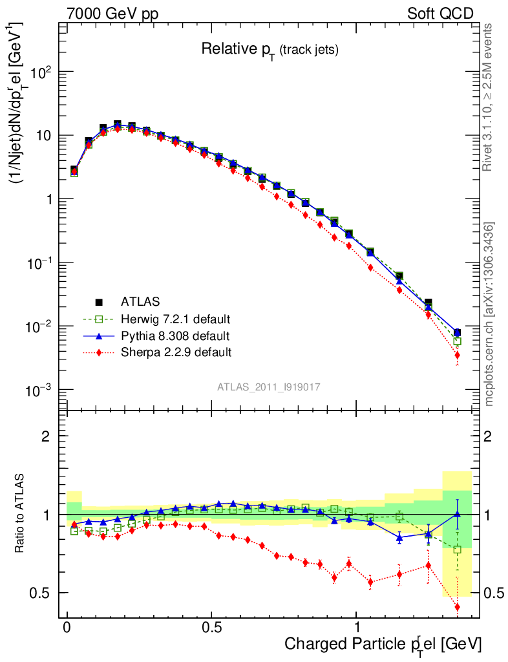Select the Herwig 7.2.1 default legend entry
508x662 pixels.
(176, 319)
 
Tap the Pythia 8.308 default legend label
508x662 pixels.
(175, 336)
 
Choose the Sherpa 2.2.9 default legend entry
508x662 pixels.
(176, 352)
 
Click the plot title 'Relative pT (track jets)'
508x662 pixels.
(270, 49)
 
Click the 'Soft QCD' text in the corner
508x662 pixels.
(440, 13)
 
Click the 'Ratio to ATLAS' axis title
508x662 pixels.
(21, 515)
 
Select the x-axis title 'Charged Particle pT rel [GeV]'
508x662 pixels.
(383, 644)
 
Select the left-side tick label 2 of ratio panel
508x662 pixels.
(46, 436)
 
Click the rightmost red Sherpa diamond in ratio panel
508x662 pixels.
(457, 606)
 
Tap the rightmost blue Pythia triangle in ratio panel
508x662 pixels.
(457, 514)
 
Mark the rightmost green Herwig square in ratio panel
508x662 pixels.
(457, 550)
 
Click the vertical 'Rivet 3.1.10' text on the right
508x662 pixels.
(488, 97)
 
